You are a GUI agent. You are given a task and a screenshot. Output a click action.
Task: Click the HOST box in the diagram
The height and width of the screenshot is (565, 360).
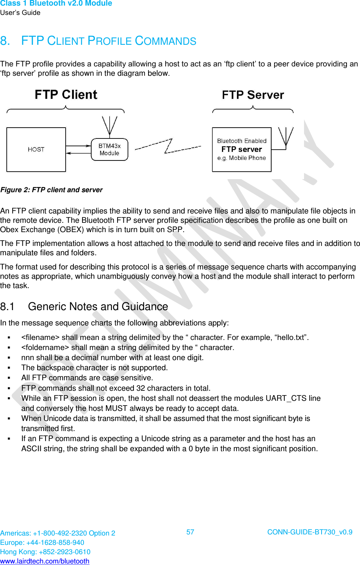pyautogui.click(x=36, y=150)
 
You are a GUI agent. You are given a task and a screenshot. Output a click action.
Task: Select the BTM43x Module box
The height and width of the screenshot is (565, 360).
pyautogui.click(x=109, y=150)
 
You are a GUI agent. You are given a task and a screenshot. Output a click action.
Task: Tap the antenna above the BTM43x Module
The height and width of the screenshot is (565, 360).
pyautogui.click(x=109, y=125)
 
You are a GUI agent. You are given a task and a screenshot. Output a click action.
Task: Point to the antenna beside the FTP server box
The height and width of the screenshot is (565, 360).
pyautogui.click(x=286, y=137)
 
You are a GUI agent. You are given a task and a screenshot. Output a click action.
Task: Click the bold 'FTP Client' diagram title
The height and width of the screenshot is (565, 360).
pyautogui.click(x=66, y=95)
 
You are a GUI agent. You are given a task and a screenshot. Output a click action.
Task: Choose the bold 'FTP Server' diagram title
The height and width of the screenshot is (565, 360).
pyautogui.click(x=253, y=95)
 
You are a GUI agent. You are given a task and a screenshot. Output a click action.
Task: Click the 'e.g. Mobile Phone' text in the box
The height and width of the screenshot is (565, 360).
pyautogui.click(x=242, y=158)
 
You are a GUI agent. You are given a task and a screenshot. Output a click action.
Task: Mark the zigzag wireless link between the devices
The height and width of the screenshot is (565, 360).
pyautogui.click(x=168, y=146)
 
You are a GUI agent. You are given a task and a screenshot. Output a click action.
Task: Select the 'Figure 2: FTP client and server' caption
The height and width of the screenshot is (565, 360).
pyautogui.click(x=51, y=190)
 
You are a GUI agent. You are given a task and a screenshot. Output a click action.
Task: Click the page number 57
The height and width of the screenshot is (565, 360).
pyautogui.click(x=190, y=532)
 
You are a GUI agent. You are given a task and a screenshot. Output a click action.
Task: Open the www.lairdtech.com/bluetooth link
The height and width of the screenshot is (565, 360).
pyautogui.click(x=45, y=561)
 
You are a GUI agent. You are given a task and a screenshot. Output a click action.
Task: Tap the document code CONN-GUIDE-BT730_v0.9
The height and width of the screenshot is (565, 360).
pyautogui.click(x=310, y=532)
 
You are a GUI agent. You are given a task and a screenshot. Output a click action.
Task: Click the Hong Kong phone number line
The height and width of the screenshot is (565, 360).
pyautogui.click(x=45, y=552)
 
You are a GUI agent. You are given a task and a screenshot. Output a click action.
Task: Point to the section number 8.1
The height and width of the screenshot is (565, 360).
pyautogui.click(x=7, y=307)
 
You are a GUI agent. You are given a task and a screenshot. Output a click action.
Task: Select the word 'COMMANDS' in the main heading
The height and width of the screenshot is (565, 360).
pyautogui.click(x=165, y=41)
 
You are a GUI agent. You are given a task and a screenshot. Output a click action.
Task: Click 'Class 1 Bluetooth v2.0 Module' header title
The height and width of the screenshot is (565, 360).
pyautogui.click(x=56, y=3)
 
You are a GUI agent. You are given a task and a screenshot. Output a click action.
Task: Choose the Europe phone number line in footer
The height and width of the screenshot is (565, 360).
pyautogui.click(x=42, y=543)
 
